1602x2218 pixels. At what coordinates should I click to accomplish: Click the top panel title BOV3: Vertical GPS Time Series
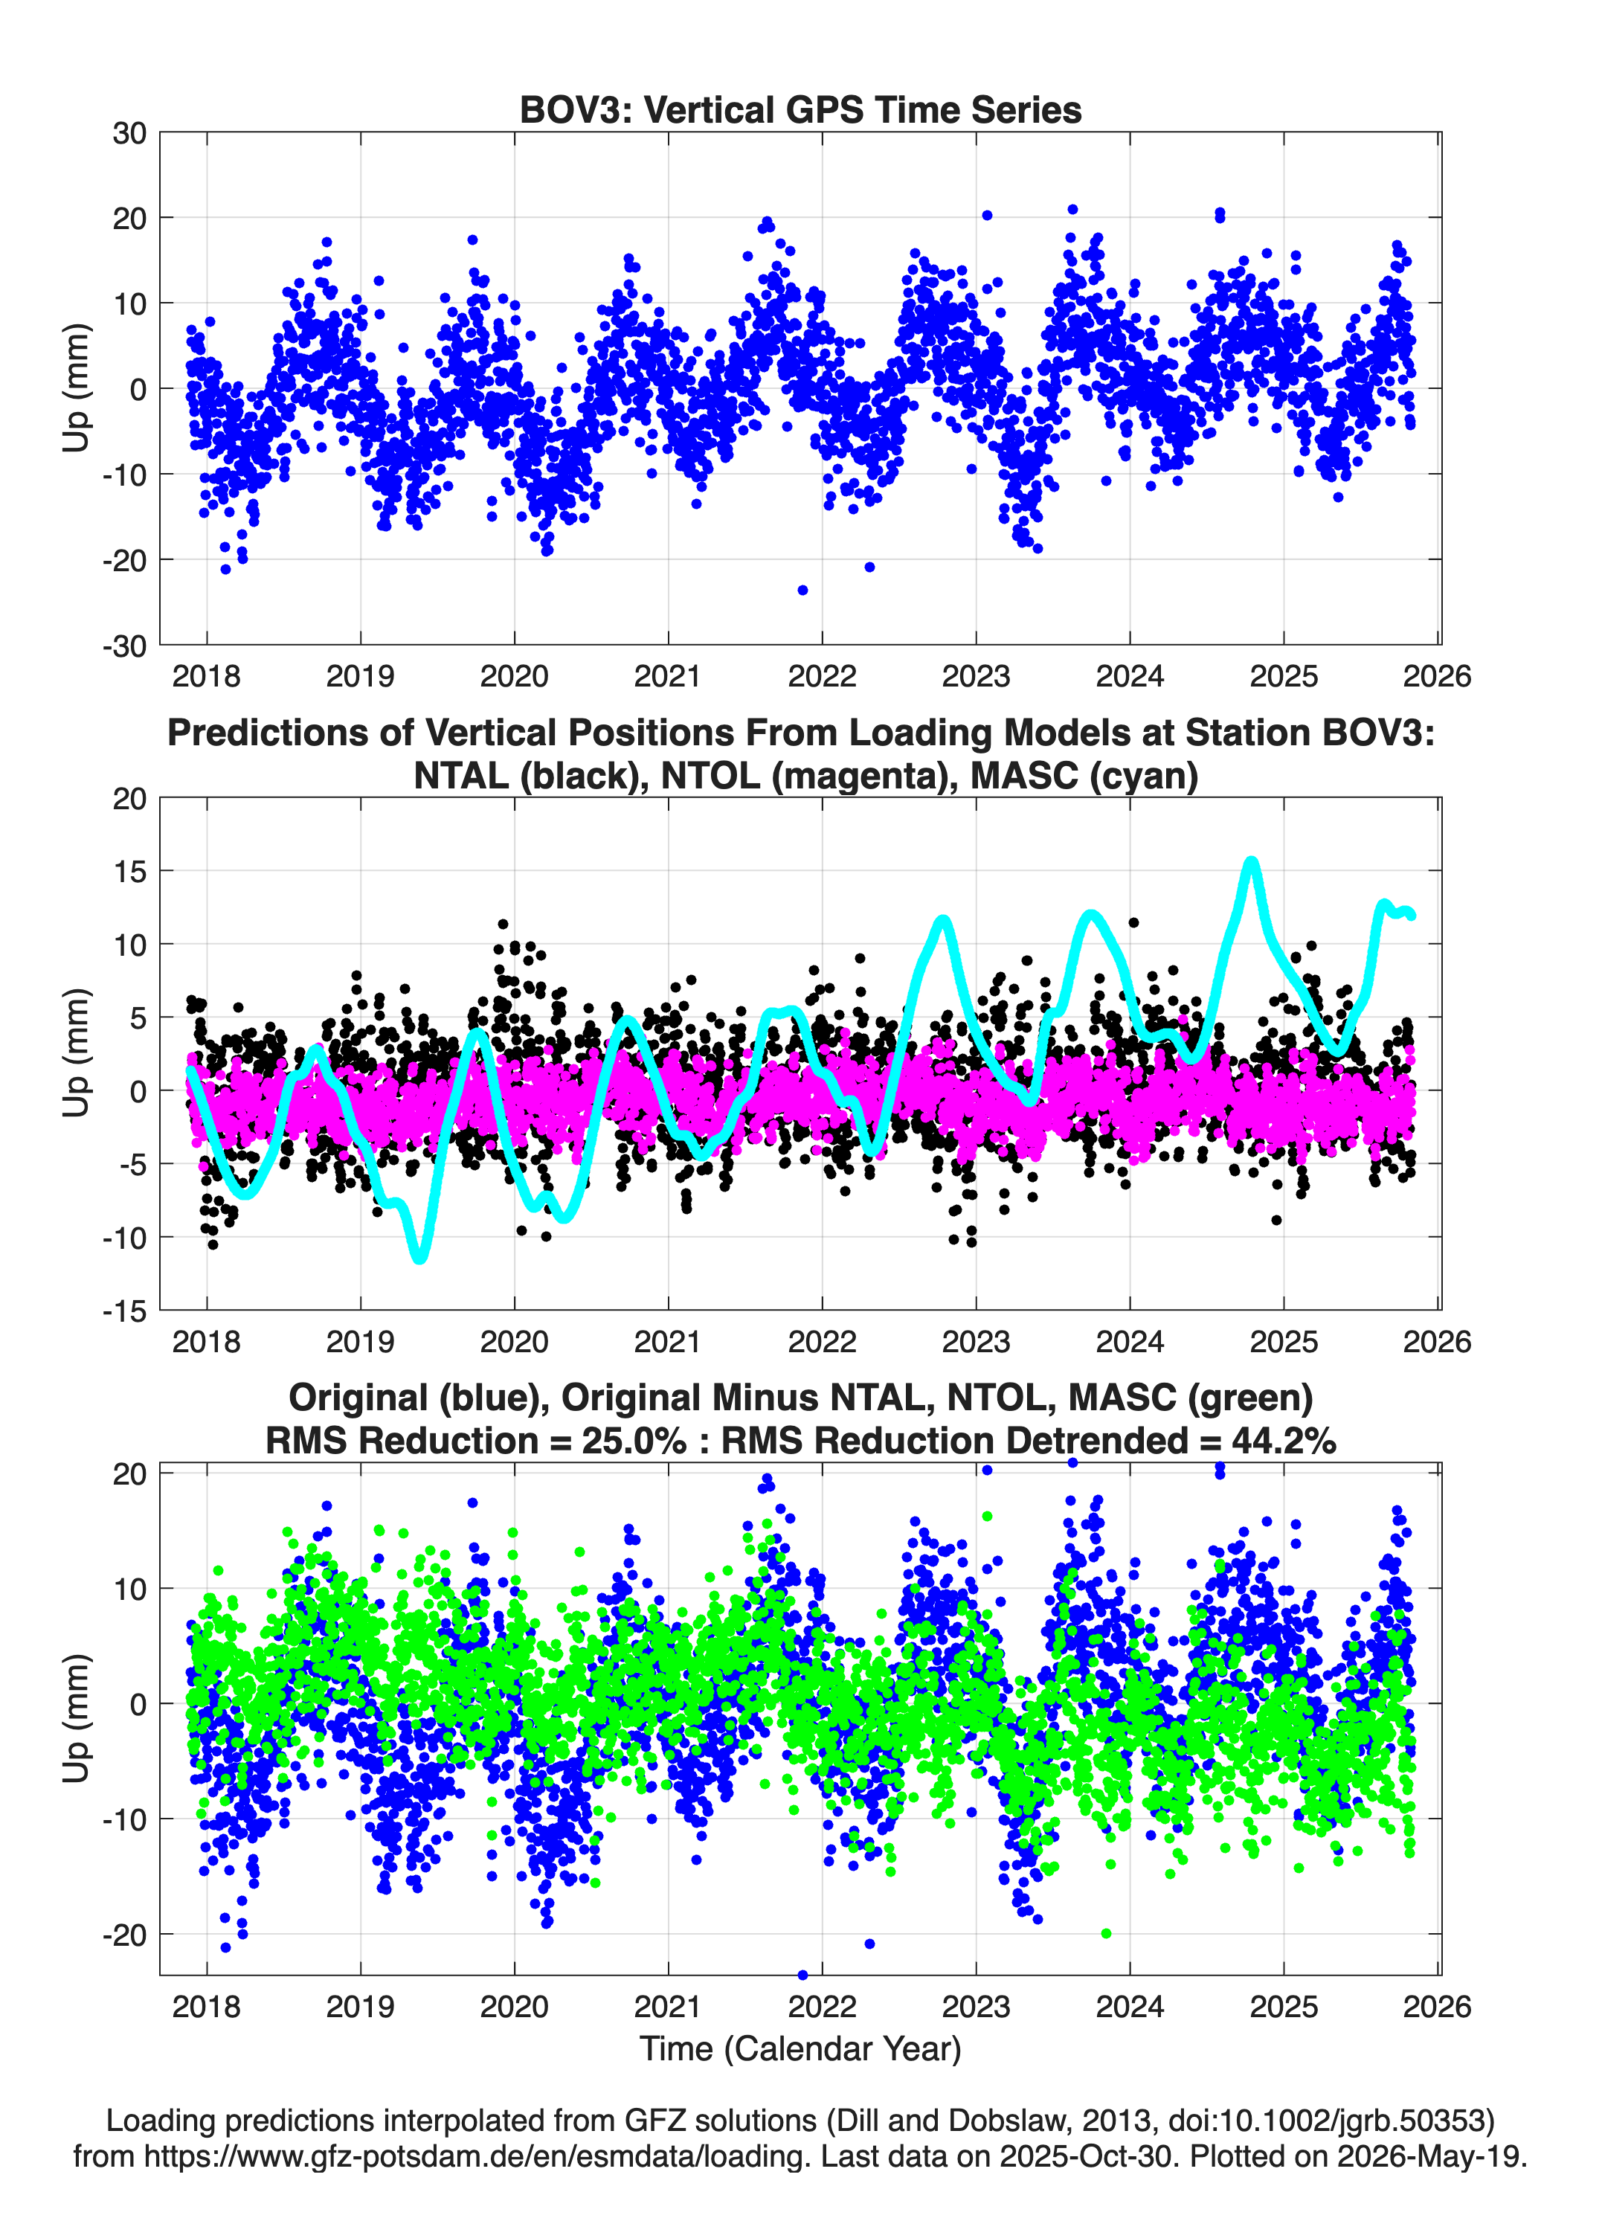[x=800, y=109]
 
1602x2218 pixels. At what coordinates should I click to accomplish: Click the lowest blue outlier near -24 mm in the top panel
[x=803, y=590]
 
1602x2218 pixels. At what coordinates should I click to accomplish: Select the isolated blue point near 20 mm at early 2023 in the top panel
[x=987, y=215]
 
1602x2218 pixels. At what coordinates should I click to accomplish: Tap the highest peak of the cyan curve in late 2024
[x=1251, y=861]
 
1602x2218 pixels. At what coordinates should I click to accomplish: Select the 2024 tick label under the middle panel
[x=1130, y=1341]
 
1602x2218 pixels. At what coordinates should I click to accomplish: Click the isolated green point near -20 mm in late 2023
[x=1106, y=1933]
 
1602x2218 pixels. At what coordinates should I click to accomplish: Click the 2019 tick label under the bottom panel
[x=360, y=2006]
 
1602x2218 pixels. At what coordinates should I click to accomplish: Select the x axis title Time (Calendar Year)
[x=800, y=2049]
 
